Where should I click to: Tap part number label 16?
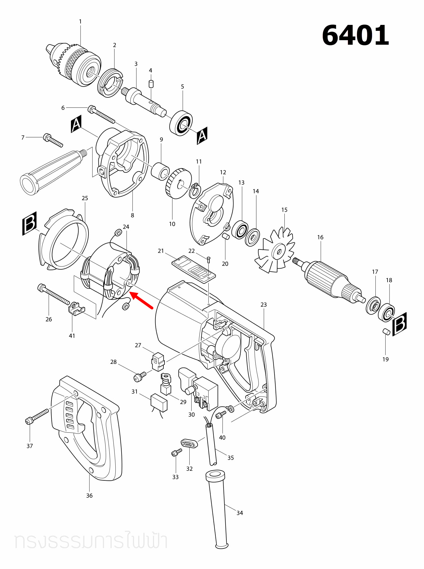click(x=320, y=237)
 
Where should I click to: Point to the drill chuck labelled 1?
click(x=73, y=65)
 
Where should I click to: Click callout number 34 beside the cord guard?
click(x=240, y=513)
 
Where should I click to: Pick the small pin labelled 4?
click(x=151, y=84)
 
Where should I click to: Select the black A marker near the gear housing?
click(x=76, y=124)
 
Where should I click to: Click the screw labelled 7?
click(x=53, y=140)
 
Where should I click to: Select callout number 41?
click(x=72, y=336)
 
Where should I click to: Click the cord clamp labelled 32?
click(x=189, y=443)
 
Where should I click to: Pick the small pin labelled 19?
click(x=386, y=332)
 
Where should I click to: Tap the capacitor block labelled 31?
click(x=159, y=402)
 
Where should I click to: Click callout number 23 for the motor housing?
click(x=263, y=305)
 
